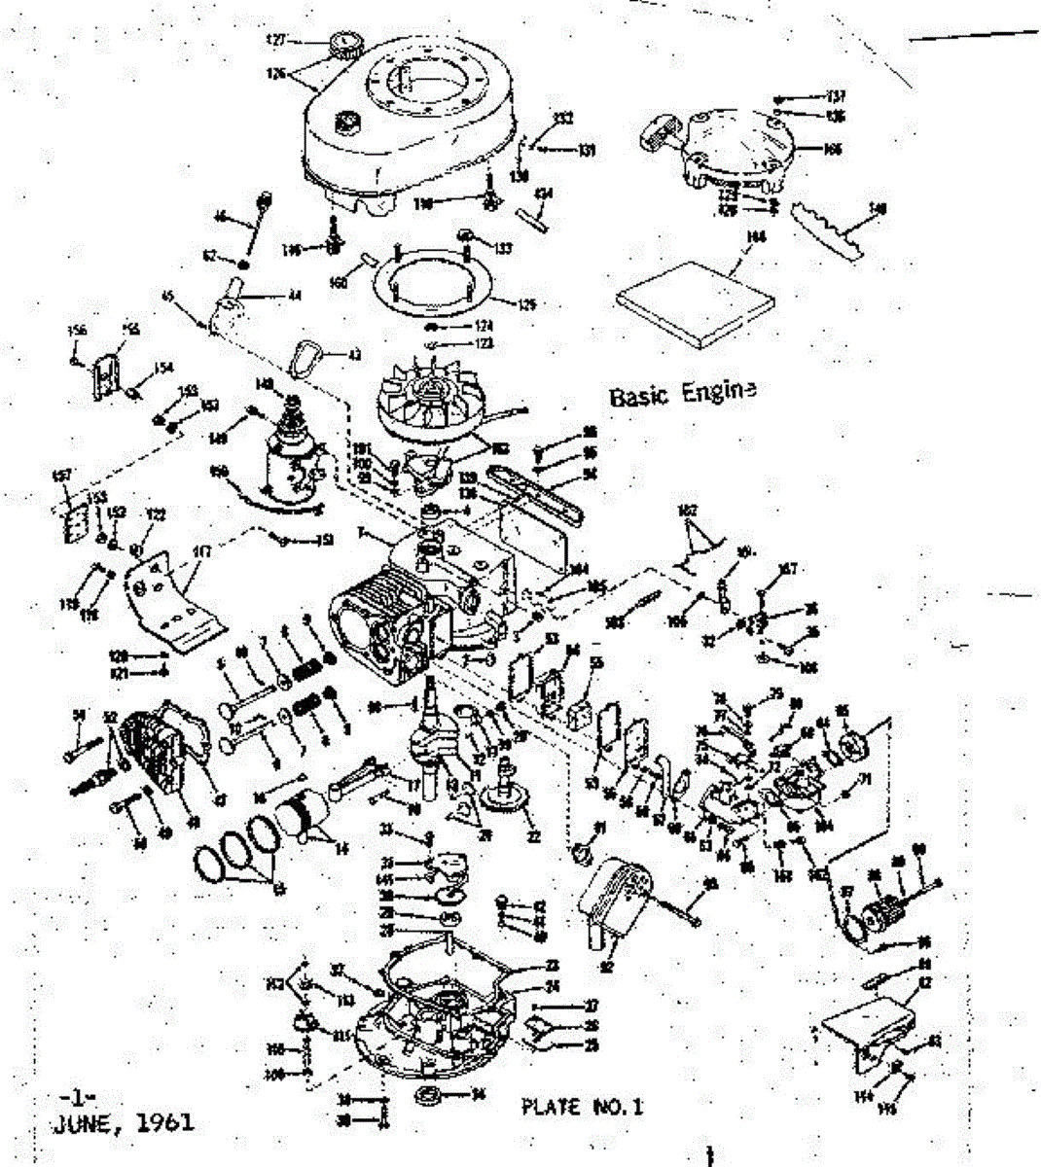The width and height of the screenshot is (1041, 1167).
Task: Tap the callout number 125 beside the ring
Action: [x=526, y=304]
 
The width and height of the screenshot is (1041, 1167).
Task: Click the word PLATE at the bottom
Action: [x=552, y=1106]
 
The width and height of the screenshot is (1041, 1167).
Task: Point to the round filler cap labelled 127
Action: [x=344, y=45]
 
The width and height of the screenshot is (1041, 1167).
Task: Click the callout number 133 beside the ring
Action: [x=502, y=250]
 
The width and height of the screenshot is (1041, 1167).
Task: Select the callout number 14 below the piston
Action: [x=340, y=850]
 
